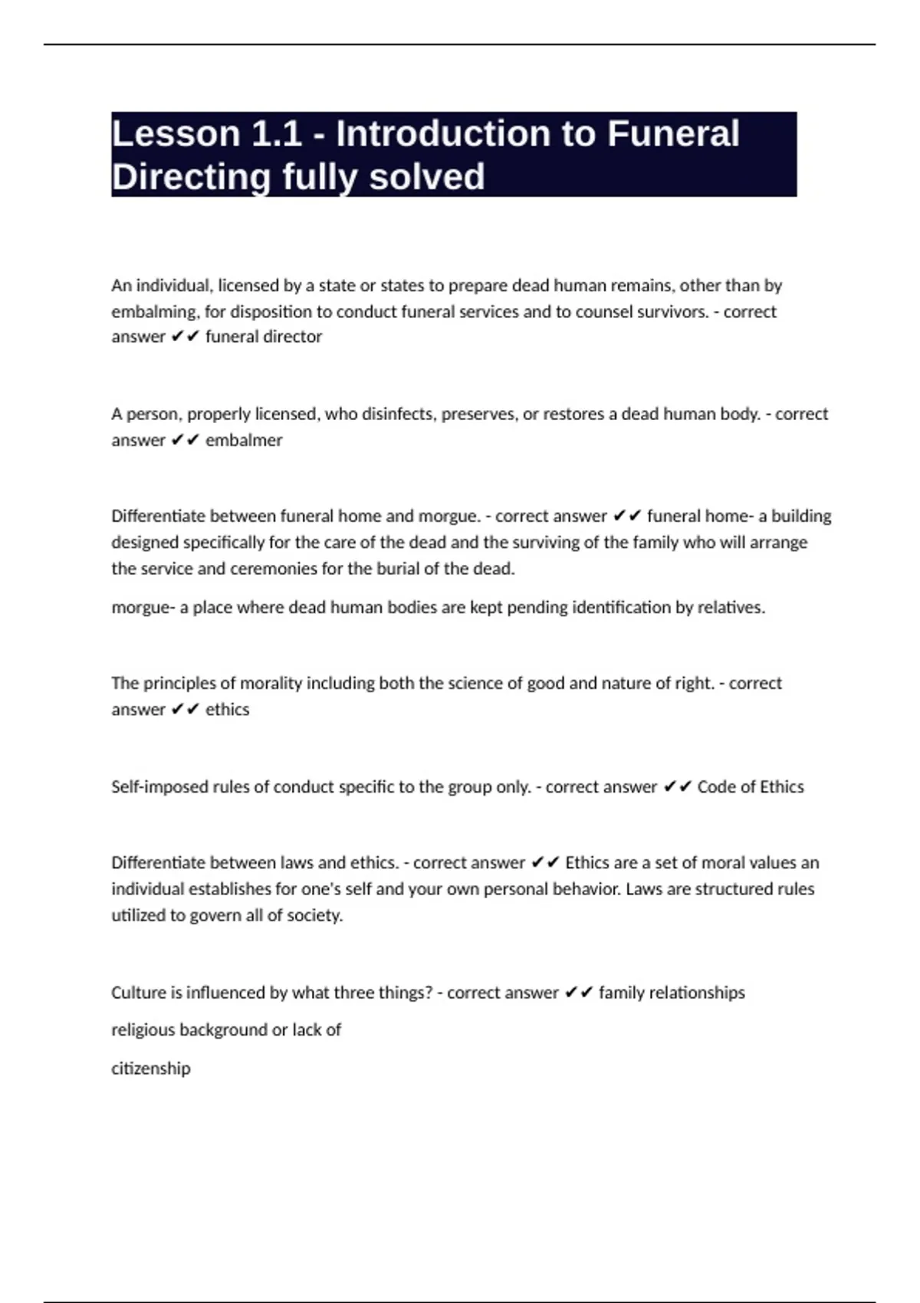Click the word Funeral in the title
tap(673, 134)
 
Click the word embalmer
tap(244, 441)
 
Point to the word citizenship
tap(150, 1068)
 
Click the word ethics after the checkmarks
tap(227, 710)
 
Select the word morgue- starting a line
tap(143, 608)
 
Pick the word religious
tap(143, 1030)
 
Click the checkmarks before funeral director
tap(185, 337)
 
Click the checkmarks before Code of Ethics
tap(677, 787)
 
